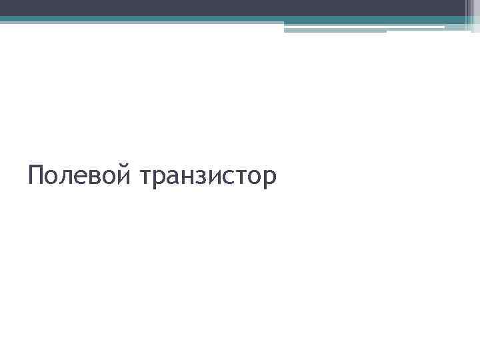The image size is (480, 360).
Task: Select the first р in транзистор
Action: [160, 179]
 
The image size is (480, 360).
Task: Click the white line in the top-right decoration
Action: [413, 27]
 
